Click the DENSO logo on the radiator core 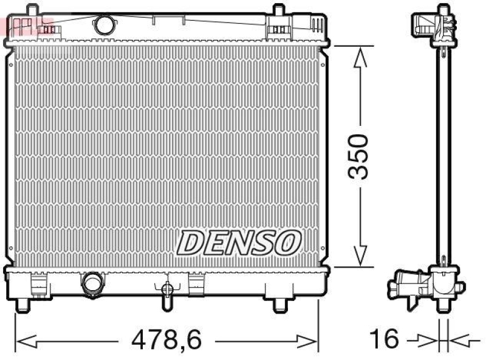(x=239, y=243)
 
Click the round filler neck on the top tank (x=104, y=24)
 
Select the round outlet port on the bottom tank (x=93, y=283)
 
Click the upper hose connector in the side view (x=426, y=24)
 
